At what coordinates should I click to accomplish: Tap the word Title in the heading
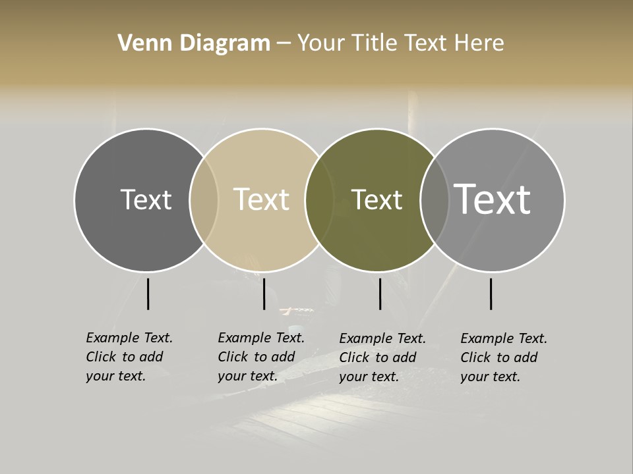376,43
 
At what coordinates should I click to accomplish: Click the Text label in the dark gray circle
146,199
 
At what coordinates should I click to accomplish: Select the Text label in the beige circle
261,199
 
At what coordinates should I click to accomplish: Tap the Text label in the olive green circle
377,199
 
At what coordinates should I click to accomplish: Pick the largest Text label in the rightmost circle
492,199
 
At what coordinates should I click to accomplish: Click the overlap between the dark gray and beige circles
204,199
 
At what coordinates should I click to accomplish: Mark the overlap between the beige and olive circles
319,199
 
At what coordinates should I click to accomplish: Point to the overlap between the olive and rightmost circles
434,199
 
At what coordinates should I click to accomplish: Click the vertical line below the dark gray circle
148,294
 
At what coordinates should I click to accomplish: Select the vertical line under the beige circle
264,294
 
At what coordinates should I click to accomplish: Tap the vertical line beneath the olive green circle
380,294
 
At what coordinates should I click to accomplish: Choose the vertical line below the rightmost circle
491,294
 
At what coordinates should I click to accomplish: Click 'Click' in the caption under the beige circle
233,357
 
